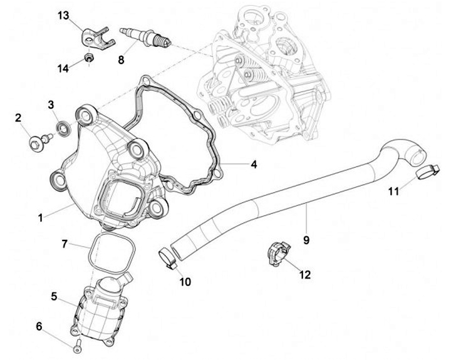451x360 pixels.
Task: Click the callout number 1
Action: (40, 218)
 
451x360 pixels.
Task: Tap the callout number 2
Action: (19, 118)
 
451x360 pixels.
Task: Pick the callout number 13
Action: (64, 14)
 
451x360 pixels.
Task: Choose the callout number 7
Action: (65, 243)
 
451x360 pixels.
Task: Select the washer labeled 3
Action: (63, 129)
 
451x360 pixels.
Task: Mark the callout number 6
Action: (39, 326)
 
